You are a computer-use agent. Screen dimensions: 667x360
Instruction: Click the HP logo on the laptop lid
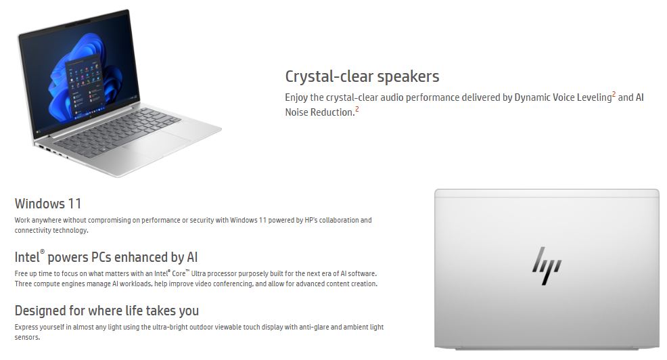pyautogui.click(x=547, y=265)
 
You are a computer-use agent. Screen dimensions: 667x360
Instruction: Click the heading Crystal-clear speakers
pyautogui.click(x=362, y=76)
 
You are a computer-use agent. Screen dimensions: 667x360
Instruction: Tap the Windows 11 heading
pyautogui.click(x=48, y=204)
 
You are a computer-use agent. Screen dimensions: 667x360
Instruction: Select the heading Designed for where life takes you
pyautogui.click(x=107, y=311)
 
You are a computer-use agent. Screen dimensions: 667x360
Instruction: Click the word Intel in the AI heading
pyautogui.click(x=27, y=257)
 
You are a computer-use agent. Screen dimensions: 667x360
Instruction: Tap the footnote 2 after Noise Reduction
pyautogui.click(x=357, y=110)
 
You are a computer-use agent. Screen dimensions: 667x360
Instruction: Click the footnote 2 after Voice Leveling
pyautogui.click(x=614, y=95)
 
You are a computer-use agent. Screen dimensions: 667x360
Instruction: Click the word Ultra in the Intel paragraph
pyautogui.click(x=198, y=273)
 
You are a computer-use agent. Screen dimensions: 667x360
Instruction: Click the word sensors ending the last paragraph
pyautogui.click(x=27, y=337)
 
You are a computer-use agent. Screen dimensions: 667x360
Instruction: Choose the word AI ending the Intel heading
pyautogui.click(x=192, y=257)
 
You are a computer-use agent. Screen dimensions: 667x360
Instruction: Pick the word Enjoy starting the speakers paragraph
pyautogui.click(x=296, y=97)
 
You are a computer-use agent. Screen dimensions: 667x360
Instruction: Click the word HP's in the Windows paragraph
pyautogui.click(x=311, y=220)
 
